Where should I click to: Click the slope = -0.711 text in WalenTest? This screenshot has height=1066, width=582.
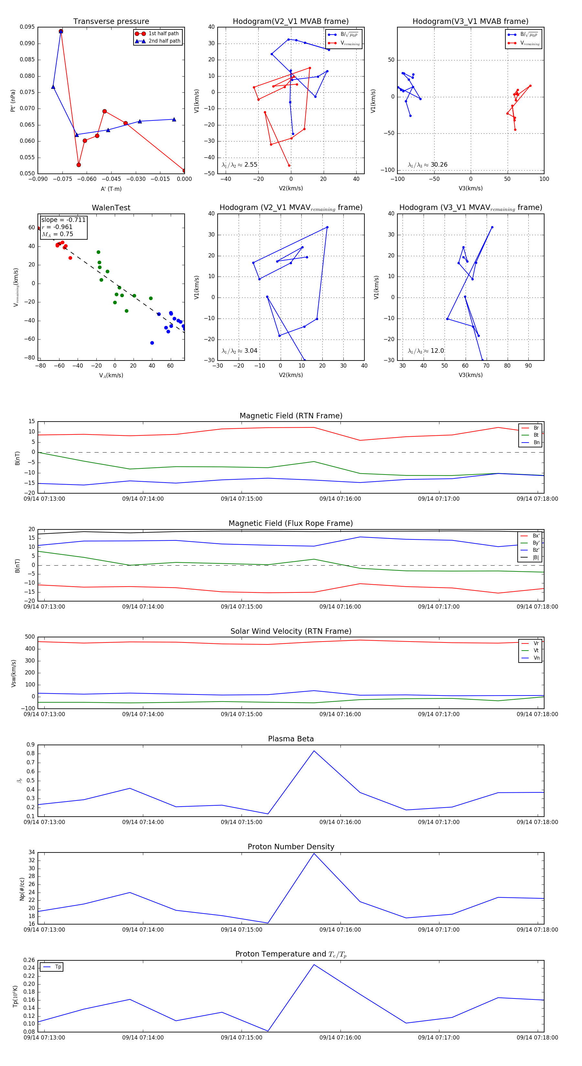pos(63,220)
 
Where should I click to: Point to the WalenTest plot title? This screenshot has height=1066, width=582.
pos(111,208)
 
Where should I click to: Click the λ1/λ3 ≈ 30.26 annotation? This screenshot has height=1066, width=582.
pos(427,165)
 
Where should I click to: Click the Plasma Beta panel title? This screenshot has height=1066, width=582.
pos(291,739)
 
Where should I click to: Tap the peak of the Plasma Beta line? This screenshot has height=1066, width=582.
pos(314,751)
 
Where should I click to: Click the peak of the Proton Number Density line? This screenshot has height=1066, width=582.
pos(314,853)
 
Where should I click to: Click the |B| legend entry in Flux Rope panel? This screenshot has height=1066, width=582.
pos(536,558)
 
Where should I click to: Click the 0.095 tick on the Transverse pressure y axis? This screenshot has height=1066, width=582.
pos(27,27)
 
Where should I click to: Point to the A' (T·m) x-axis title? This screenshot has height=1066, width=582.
pos(111,189)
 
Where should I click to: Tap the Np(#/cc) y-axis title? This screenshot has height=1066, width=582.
pos(22,888)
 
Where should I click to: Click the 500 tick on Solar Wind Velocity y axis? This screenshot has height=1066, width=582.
pos(30,637)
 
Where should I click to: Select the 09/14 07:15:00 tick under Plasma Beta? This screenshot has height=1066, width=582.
pos(242,822)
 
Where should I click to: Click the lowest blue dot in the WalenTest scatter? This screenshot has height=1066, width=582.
pos(152,343)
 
